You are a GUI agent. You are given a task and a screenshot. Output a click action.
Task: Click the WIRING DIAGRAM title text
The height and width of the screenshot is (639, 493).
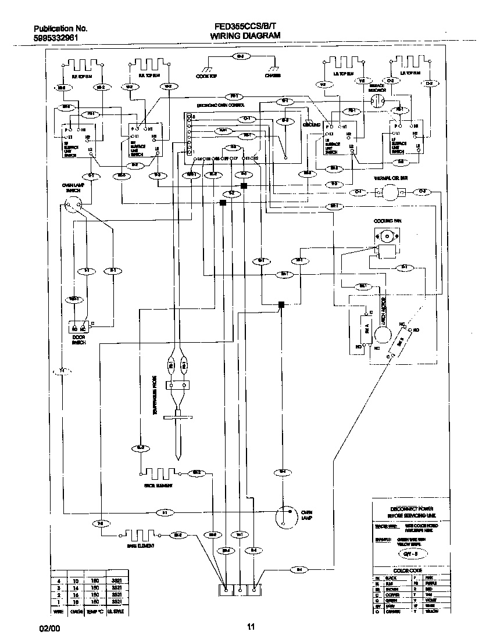tap(245, 36)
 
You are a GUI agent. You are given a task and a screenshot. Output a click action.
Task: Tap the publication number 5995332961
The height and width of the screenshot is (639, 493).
tap(56, 38)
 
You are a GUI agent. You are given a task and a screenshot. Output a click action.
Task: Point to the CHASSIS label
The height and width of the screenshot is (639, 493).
tap(273, 76)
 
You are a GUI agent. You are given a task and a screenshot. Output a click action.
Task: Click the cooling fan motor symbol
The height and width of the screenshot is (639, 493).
tap(385, 236)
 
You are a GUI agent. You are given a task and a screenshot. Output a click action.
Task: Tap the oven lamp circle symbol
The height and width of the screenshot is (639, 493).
tap(283, 515)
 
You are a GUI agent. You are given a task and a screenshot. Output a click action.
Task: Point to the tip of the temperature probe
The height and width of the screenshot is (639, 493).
tap(177, 454)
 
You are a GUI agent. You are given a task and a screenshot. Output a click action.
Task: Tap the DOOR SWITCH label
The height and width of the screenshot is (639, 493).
tap(79, 340)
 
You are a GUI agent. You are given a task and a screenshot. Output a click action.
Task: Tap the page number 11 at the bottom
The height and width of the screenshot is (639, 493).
tap(251, 627)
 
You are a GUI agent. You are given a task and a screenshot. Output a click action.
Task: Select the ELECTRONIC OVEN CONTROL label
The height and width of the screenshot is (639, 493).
tap(222, 106)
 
